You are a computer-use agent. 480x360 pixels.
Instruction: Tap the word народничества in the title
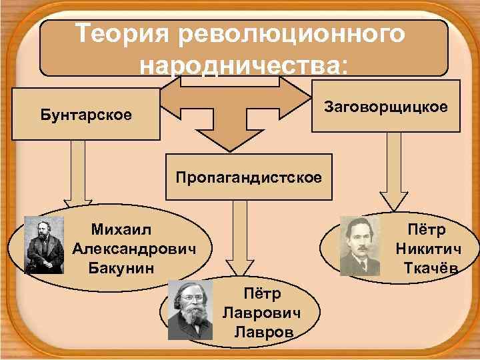pos(243,65)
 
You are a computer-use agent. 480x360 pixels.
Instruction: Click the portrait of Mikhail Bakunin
pos(44,245)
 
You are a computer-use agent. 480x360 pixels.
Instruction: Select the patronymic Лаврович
pos(261,313)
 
